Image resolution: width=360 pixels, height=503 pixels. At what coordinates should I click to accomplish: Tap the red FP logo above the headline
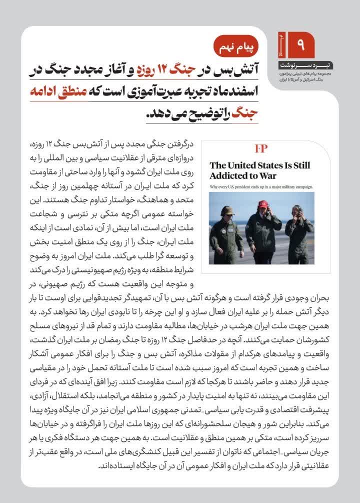[x=261, y=149]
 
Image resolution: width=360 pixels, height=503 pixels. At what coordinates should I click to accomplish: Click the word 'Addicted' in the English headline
[x=229, y=175]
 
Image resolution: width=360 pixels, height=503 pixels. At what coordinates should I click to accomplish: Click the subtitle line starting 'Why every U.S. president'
[x=261, y=186]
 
